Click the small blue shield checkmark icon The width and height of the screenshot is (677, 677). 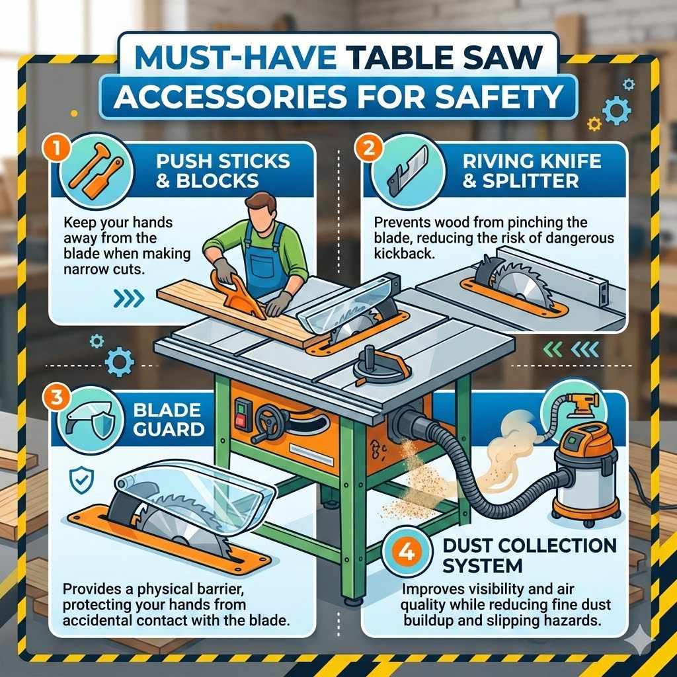click(80, 478)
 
